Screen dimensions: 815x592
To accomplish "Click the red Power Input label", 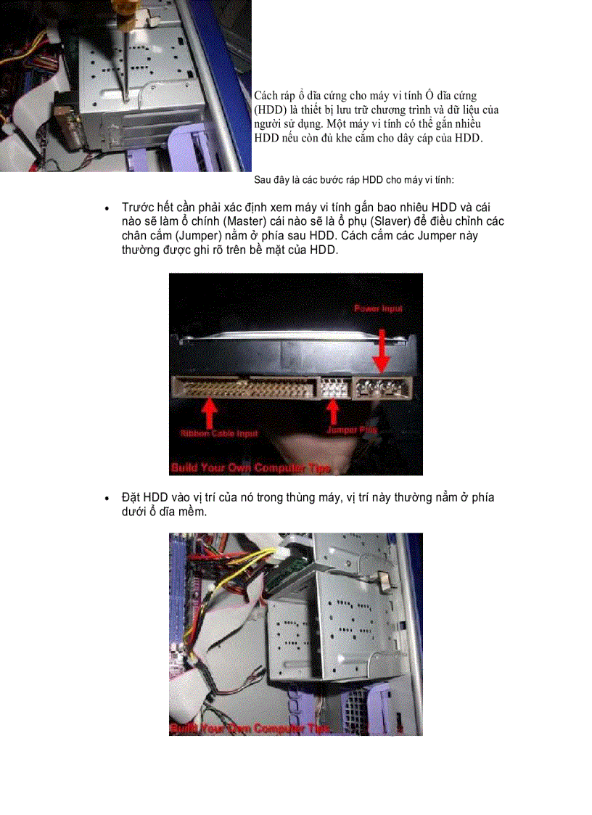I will pos(378,308).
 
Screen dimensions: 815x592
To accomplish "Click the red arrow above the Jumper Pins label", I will pos(333,411).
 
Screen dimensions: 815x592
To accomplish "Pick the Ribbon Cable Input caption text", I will pos(218,433).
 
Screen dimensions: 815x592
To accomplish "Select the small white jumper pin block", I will pos(332,388).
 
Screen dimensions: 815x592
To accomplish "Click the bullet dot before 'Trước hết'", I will pos(107,208).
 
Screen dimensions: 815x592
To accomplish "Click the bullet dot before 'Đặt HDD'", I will pos(107,499).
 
